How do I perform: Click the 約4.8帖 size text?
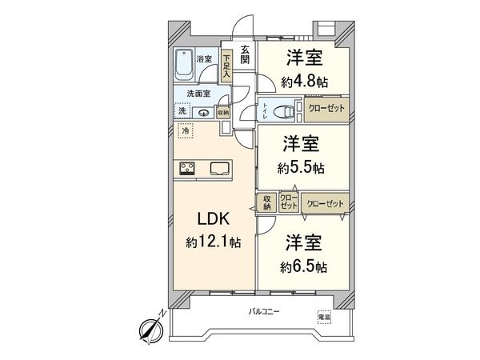[304, 80]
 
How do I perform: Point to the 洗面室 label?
[189, 94]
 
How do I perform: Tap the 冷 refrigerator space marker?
[186, 130]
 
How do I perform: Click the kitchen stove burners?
[190, 168]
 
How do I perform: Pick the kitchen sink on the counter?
[220, 168]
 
